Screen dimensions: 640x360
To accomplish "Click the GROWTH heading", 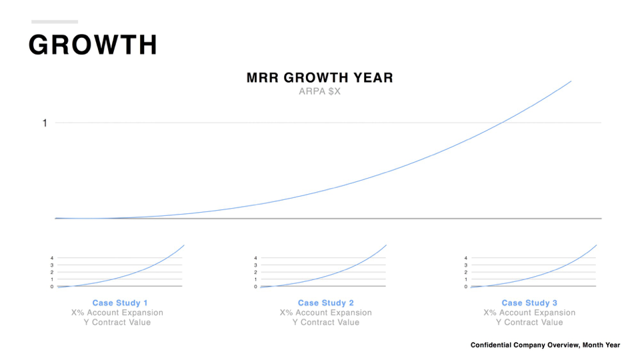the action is pos(93,45).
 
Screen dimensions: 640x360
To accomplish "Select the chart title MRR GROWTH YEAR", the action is pos(319,77).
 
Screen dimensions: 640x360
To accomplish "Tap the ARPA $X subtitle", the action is pos(319,91).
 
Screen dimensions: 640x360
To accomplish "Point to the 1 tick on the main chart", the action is pos(45,123).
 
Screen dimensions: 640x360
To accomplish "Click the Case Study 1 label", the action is pos(119,303).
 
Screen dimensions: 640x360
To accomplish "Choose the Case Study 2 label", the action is pos(326,303).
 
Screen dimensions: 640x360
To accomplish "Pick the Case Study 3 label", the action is pos(529,303).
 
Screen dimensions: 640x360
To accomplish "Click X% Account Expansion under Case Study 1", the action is pos(117,313).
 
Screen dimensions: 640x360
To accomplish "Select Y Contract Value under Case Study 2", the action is pos(326,323).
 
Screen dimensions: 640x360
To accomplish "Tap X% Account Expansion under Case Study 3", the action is pos(529,313).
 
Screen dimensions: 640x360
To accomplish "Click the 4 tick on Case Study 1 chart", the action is pos(52,258).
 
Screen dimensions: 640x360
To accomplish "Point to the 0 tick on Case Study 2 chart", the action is pos(255,287).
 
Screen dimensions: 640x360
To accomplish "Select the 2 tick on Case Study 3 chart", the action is pos(466,272).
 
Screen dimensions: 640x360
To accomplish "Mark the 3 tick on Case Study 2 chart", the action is pos(255,265).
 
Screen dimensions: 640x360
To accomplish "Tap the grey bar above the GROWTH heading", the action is pos(55,21).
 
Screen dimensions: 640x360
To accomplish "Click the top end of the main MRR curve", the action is pos(571,81).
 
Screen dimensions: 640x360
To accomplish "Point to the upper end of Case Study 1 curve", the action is pos(184,245).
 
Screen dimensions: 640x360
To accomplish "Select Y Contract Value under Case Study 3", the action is pos(529,323).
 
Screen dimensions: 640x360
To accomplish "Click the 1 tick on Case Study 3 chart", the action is pos(466,279).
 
